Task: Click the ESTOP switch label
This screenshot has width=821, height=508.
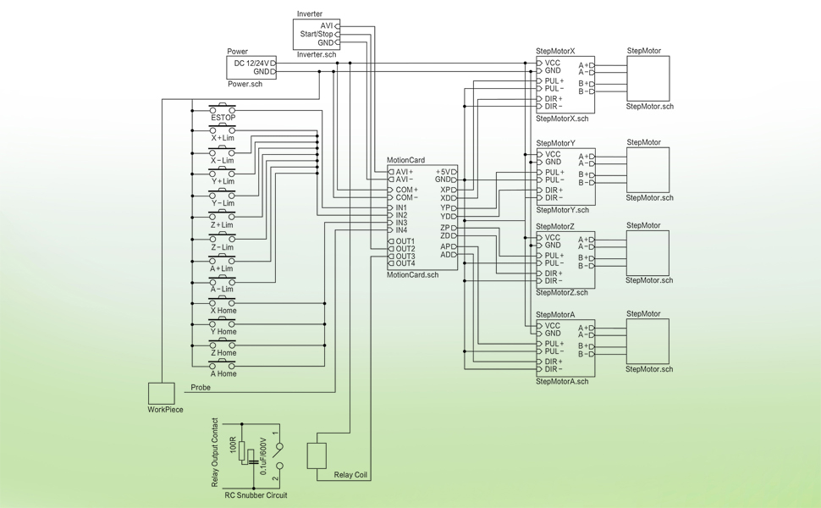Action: [223, 117]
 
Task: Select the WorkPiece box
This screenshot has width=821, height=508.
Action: [161, 393]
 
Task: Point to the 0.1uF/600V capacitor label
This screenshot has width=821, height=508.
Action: [263, 456]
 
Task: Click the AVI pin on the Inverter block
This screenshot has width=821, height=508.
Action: [327, 25]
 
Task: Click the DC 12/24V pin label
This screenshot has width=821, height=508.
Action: [251, 63]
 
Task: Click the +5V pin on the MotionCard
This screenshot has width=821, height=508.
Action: [444, 172]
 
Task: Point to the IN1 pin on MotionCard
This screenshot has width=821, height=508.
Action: [401, 207]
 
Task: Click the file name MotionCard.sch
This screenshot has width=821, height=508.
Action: [412, 275]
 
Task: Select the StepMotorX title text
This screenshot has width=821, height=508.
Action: [555, 52]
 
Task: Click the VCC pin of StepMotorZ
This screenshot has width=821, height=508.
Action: [552, 238]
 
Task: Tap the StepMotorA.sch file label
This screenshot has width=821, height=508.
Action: [561, 382]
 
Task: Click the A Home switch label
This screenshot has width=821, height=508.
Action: [223, 373]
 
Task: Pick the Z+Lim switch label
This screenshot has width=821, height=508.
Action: [223, 225]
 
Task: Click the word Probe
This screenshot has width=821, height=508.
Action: [201, 387]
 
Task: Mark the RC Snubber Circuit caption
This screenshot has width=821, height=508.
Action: [256, 495]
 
